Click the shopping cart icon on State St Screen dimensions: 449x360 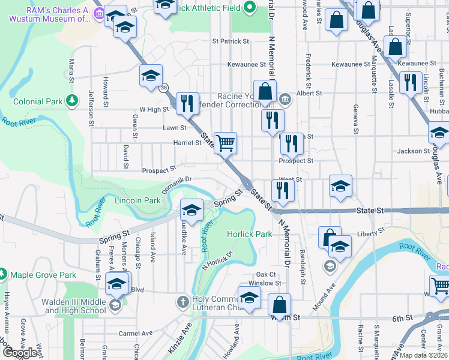point(226,143)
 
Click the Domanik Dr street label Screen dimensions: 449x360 point(176,179)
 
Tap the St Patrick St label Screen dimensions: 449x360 point(231,41)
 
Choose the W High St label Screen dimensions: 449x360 point(154,109)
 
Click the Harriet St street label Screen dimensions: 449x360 point(187,143)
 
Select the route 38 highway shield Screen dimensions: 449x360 point(164,88)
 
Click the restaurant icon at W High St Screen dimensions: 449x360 point(187,103)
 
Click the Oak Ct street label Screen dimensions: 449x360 point(265,274)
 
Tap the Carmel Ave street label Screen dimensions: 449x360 point(136,334)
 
